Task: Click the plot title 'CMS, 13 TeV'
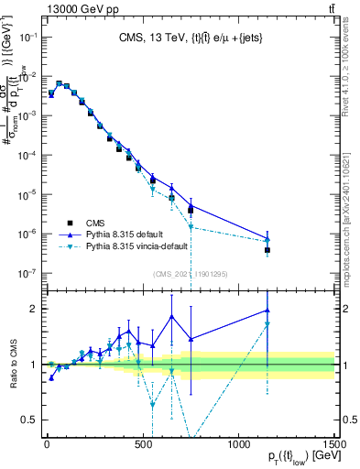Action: tap(147, 38)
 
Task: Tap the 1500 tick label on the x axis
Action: tap(336, 443)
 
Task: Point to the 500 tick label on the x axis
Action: tap(143, 443)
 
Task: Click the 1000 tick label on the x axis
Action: tap(240, 443)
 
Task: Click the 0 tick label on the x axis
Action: tap(47, 443)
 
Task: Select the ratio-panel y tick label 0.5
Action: tap(30, 420)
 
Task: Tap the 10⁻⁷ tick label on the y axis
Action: tap(27, 273)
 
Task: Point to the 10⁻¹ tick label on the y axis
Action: tap(27, 37)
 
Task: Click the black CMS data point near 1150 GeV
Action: tap(267, 249)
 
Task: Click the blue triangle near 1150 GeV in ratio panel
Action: tap(267, 310)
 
